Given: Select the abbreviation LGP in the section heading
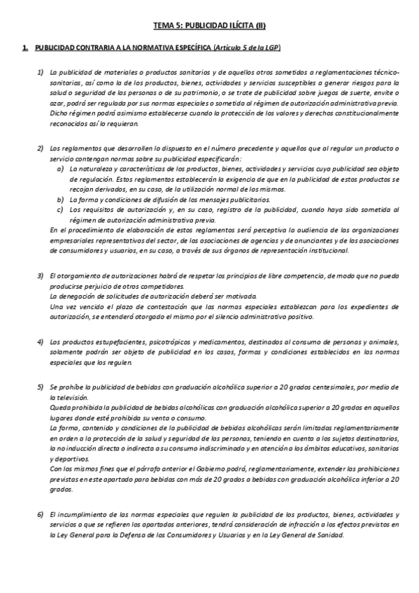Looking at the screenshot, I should [271, 48].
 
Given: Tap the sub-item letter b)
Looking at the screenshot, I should [62, 199].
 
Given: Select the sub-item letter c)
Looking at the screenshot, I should [62, 209].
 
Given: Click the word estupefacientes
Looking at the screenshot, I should [113, 342].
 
